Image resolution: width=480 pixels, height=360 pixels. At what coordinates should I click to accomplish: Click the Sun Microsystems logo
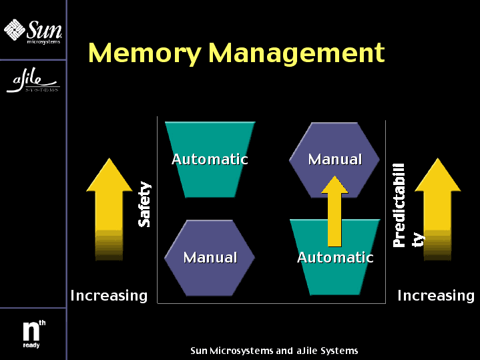click(33, 31)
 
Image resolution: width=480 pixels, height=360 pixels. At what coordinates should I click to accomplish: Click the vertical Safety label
click(144, 204)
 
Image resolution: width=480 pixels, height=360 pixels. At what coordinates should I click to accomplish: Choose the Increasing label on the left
click(109, 295)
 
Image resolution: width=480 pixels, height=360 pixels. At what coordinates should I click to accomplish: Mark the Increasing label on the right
click(436, 295)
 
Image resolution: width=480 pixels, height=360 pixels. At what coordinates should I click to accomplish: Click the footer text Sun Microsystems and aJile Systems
click(274, 351)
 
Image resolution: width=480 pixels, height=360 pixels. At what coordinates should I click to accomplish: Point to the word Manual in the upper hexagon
click(335, 160)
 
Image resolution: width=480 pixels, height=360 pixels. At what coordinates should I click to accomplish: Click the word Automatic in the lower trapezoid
click(335, 257)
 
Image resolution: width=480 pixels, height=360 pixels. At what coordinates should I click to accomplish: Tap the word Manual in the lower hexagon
click(210, 257)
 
